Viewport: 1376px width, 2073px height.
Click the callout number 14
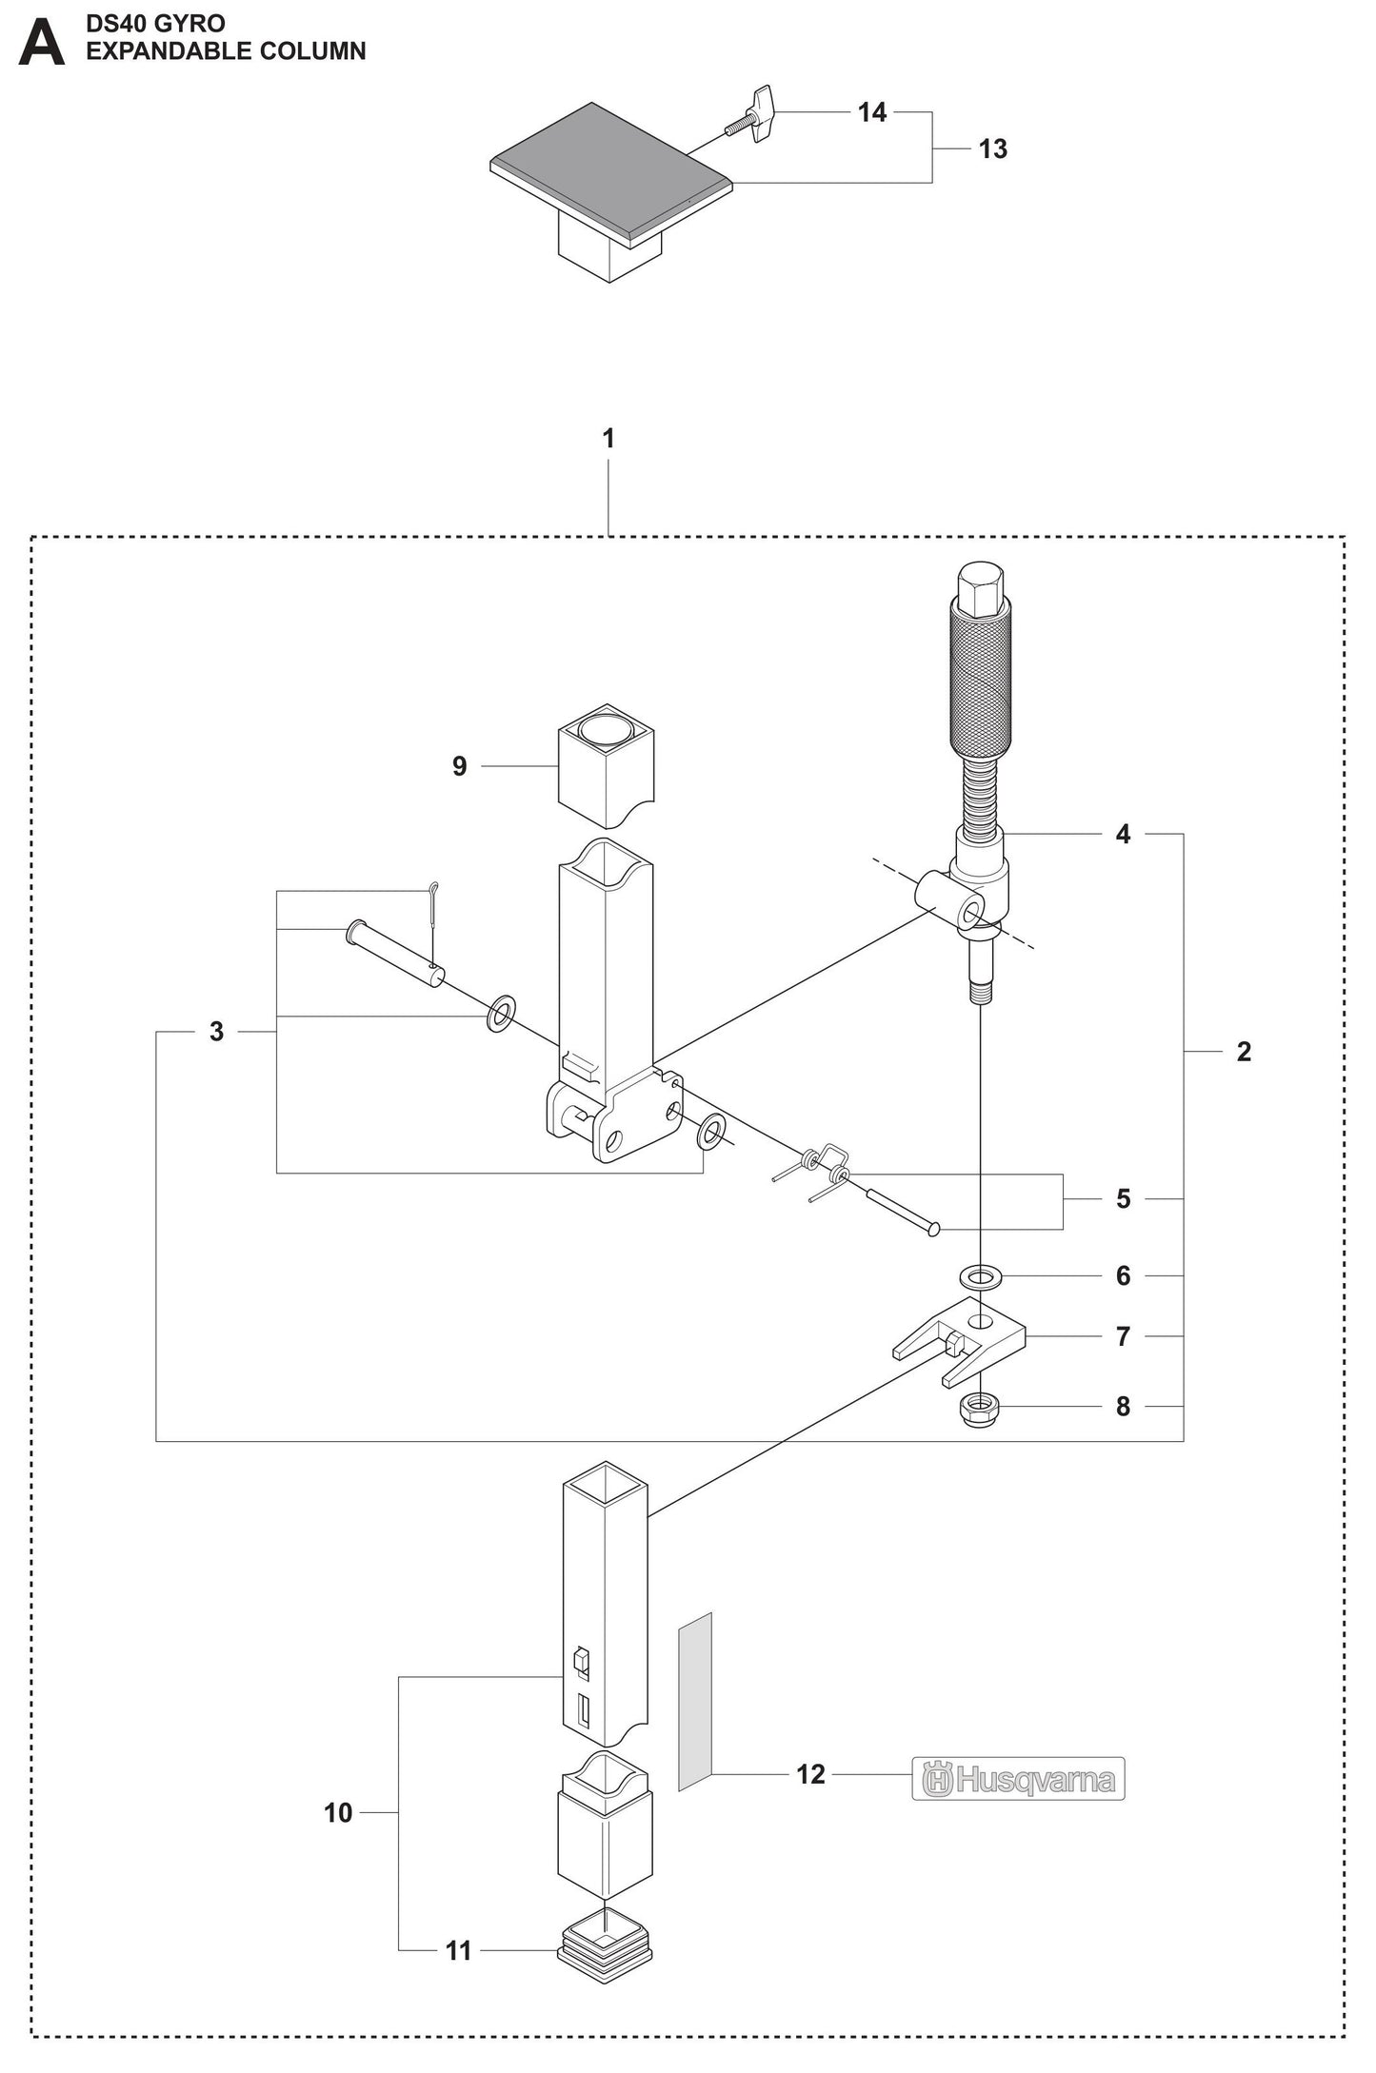click(871, 112)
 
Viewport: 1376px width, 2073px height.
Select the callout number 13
click(992, 149)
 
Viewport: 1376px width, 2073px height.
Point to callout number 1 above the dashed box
click(608, 439)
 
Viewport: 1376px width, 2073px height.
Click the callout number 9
click(460, 766)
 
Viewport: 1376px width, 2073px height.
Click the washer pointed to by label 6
click(980, 1273)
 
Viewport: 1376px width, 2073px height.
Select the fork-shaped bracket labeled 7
click(962, 1341)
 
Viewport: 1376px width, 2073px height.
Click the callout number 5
click(1124, 1199)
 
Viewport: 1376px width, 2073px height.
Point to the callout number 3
click(216, 1032)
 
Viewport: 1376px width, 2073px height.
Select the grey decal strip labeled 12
click(695, 1701)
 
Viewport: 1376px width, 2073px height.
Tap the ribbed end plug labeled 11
click(606, 1946)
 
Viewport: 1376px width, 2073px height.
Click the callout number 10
click(338, 1813)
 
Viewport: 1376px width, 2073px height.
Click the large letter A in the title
click(41, 44)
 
